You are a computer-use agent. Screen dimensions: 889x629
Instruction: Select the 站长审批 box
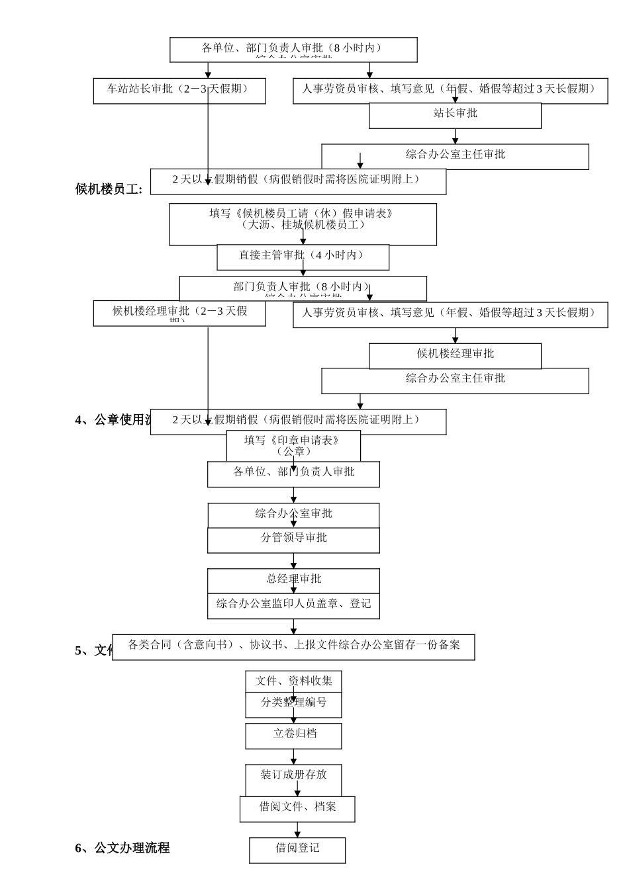click(455, 114)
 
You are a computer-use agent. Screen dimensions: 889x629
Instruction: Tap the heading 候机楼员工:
click(109, 190)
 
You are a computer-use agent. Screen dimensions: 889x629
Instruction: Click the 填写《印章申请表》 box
click(293, 445)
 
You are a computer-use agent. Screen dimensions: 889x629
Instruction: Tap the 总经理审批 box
click(293, 579)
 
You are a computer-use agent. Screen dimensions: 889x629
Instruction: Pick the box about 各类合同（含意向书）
click(293, 646)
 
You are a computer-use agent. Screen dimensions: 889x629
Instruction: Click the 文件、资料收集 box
click(293, 681)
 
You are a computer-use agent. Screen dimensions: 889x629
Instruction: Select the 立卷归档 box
click(293, 735)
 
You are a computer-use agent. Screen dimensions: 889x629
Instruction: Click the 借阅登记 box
click(297, 849)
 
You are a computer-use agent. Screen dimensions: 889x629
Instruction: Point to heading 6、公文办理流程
click(122, 848)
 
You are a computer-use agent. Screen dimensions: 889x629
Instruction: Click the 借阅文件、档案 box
click(297, 808)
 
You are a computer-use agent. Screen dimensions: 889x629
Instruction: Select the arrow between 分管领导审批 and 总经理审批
click(293, 561)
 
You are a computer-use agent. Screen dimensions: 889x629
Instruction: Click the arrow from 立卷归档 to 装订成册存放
click(293, 757)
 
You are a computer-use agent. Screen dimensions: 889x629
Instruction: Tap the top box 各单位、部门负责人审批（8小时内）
click(293, 49)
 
